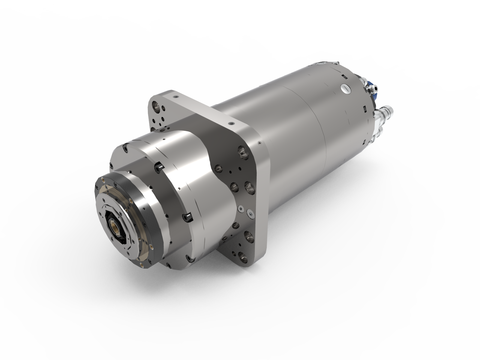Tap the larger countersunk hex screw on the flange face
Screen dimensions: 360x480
point(250,213)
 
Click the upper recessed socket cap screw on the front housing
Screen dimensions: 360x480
point(158,167)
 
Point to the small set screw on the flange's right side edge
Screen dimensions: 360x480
point(259,144)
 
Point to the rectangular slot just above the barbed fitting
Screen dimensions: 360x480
point(364,108)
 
